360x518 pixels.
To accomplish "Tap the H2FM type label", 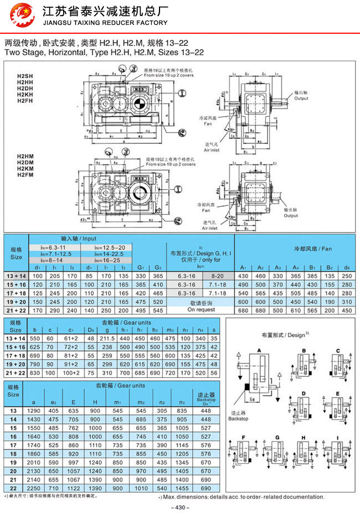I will point(25,175).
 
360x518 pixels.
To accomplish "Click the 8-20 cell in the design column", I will point(218,275).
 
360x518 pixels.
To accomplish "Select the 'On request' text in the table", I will point(200,310).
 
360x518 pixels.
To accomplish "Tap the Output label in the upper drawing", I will point(301,99).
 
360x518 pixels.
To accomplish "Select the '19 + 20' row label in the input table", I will point(17,302).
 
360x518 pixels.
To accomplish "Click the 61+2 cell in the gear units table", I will point(72,338).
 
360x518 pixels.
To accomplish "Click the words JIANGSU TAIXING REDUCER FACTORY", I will point(105,23).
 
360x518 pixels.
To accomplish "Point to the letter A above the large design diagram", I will point(259,350).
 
